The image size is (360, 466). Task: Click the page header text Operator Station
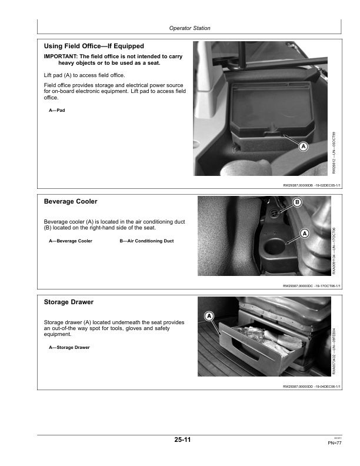[x=189, y=28]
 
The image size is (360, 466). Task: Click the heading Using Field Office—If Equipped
[x=94, y=46]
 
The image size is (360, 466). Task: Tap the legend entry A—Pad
[x=56, y=110]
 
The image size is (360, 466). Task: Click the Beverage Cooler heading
[x=71, y=201]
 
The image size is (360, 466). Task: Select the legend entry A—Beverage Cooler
[x=71, y=241]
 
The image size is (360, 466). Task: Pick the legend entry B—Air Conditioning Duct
[x=146, y=241]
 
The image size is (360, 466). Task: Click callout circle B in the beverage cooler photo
[x=297, y=204]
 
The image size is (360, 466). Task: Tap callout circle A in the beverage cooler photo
[x=304, y=233]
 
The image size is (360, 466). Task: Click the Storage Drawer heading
[x=69, y=302]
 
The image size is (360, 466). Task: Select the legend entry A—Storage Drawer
[x=69, y=347]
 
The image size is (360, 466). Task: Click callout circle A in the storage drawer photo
[x=209, y=317]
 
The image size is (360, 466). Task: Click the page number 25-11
[x=182, y=440]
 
